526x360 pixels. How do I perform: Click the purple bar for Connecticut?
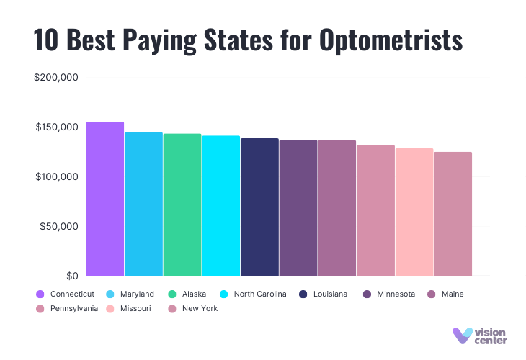105,199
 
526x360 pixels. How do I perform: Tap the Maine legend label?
453,294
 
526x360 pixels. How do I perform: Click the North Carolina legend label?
260,294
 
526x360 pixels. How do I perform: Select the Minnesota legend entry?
388,294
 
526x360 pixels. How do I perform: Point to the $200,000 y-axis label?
56,78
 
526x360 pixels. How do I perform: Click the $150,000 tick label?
56,127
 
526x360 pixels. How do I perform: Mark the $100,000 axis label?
56,177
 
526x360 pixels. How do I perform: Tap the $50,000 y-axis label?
59,227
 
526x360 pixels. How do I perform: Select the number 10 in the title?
46,40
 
